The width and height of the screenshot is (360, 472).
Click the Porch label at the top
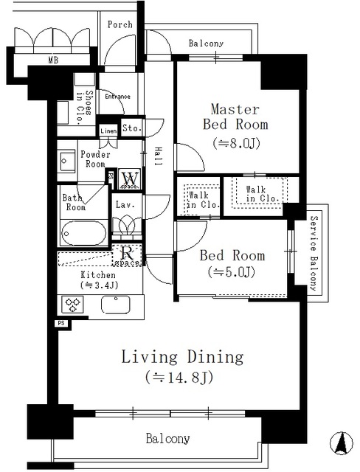(x=120, y=24)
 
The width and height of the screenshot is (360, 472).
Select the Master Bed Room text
(x=235, y=117)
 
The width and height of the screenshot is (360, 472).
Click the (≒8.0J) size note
(x=235, y=142)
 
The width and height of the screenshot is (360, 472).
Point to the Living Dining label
(x=182, y=358)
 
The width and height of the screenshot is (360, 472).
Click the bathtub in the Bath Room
(x=84, y=235)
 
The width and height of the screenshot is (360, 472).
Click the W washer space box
(x=130, y=178)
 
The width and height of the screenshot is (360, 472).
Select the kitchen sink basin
(x=115, y=304)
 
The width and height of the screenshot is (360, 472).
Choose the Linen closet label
(x=108, y=131)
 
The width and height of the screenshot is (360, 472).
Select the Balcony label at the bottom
(x=167, y=439)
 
